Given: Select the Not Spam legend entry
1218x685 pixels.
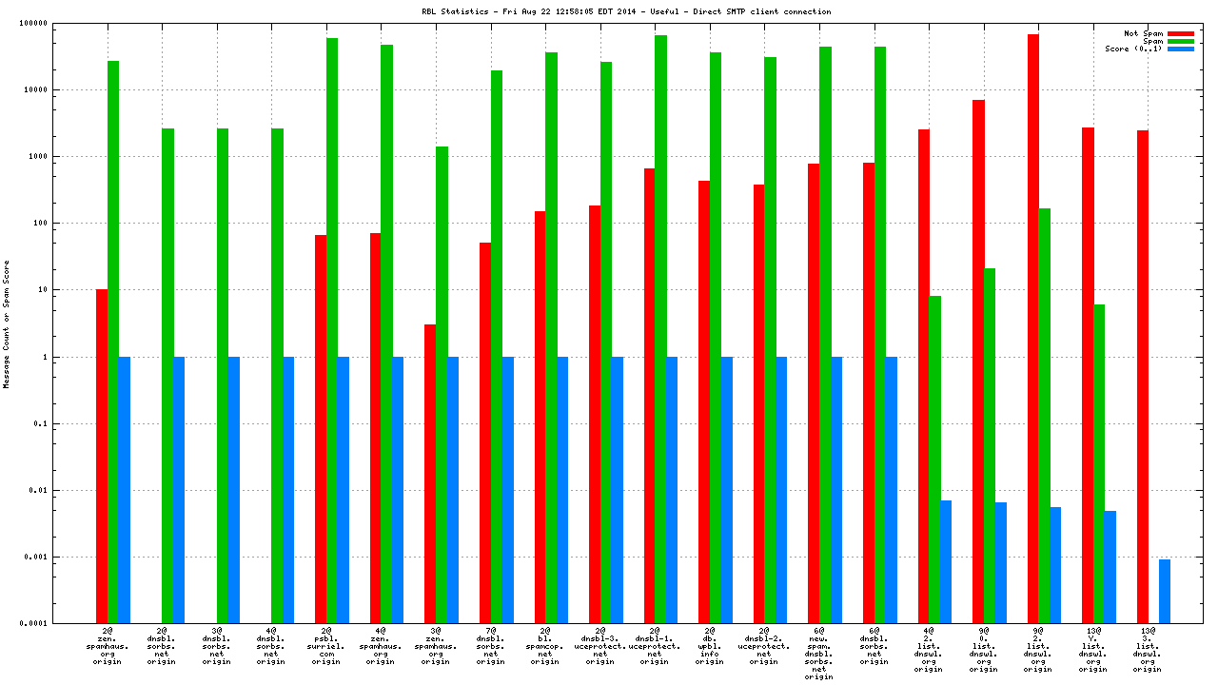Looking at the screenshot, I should (x=1143, y=33).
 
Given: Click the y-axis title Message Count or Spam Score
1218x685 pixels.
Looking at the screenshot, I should (x=7, y=323).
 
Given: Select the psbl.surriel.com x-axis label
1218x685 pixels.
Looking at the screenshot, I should (x=325, y=646).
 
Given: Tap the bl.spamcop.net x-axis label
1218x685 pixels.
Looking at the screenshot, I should (x=544, y=646).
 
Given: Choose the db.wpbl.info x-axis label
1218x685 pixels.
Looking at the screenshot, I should (x=709, y=646).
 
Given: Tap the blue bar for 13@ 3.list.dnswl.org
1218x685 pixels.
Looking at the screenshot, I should (x=1165, y=591).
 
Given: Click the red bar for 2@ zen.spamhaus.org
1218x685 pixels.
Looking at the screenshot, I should (x=102, y=456).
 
